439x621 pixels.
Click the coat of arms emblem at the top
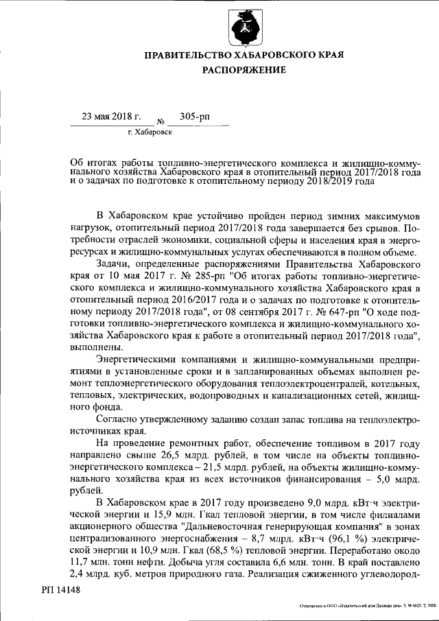(244, 27)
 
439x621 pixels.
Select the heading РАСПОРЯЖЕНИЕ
(244, 70)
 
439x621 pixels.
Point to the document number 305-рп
(194, 117)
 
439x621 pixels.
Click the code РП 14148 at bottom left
(60, 589)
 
